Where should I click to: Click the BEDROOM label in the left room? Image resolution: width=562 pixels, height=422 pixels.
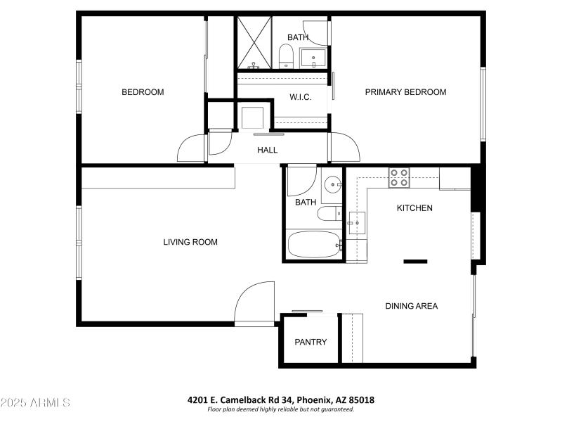click(143, 92)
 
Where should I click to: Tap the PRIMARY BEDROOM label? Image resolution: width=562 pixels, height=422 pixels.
click(405, 92)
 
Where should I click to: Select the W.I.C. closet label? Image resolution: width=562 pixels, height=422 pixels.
click(301, 97)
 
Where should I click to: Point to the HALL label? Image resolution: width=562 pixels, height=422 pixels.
click(267, 150)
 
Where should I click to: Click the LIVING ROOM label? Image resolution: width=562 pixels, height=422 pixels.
click(190, 242)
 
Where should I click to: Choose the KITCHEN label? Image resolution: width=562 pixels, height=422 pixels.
click(414, 208)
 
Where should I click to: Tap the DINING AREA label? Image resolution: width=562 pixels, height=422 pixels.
click(411, 306)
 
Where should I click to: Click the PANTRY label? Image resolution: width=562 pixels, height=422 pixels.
click(311, 343)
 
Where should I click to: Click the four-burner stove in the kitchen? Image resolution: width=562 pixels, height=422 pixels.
click(400, 177)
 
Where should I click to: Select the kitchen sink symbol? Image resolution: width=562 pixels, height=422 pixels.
click(356, 223)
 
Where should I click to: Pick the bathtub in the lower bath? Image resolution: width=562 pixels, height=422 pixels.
click(313, 245)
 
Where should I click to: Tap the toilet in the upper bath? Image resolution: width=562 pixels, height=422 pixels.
click(286, 55)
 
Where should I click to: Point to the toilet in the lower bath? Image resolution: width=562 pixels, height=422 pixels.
click(329, 214)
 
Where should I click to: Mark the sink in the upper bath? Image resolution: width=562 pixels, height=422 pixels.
click(313, 56)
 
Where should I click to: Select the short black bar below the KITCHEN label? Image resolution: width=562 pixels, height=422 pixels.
click(415, 262)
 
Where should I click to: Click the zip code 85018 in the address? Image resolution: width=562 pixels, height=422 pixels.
click(362, 400)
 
